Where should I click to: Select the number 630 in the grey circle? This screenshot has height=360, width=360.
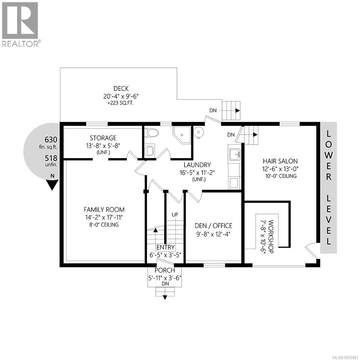click(x=51, y=139)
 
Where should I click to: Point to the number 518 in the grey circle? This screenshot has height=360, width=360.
click(x=51, y=158)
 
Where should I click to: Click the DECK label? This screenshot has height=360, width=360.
click(x=121, y=88)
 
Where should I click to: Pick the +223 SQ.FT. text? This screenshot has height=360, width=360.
click(x=121, y=103)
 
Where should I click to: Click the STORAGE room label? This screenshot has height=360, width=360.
click(x=103, y=138)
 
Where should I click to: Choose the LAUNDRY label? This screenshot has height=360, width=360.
click(x=197, y=165)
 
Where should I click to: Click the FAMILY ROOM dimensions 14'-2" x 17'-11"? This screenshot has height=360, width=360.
click(x=104, y=217)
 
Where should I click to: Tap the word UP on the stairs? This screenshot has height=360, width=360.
click(x=175, y=215)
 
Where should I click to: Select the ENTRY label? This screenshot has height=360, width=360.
click(x=166, y=247)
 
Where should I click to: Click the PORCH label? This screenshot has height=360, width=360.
click(x=165, y=270)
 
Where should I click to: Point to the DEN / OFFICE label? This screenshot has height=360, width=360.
click(x=213, y=226)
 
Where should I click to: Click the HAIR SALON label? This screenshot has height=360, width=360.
click(x=280, y=161)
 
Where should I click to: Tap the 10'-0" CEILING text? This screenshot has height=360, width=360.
click(x=280, y=176)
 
